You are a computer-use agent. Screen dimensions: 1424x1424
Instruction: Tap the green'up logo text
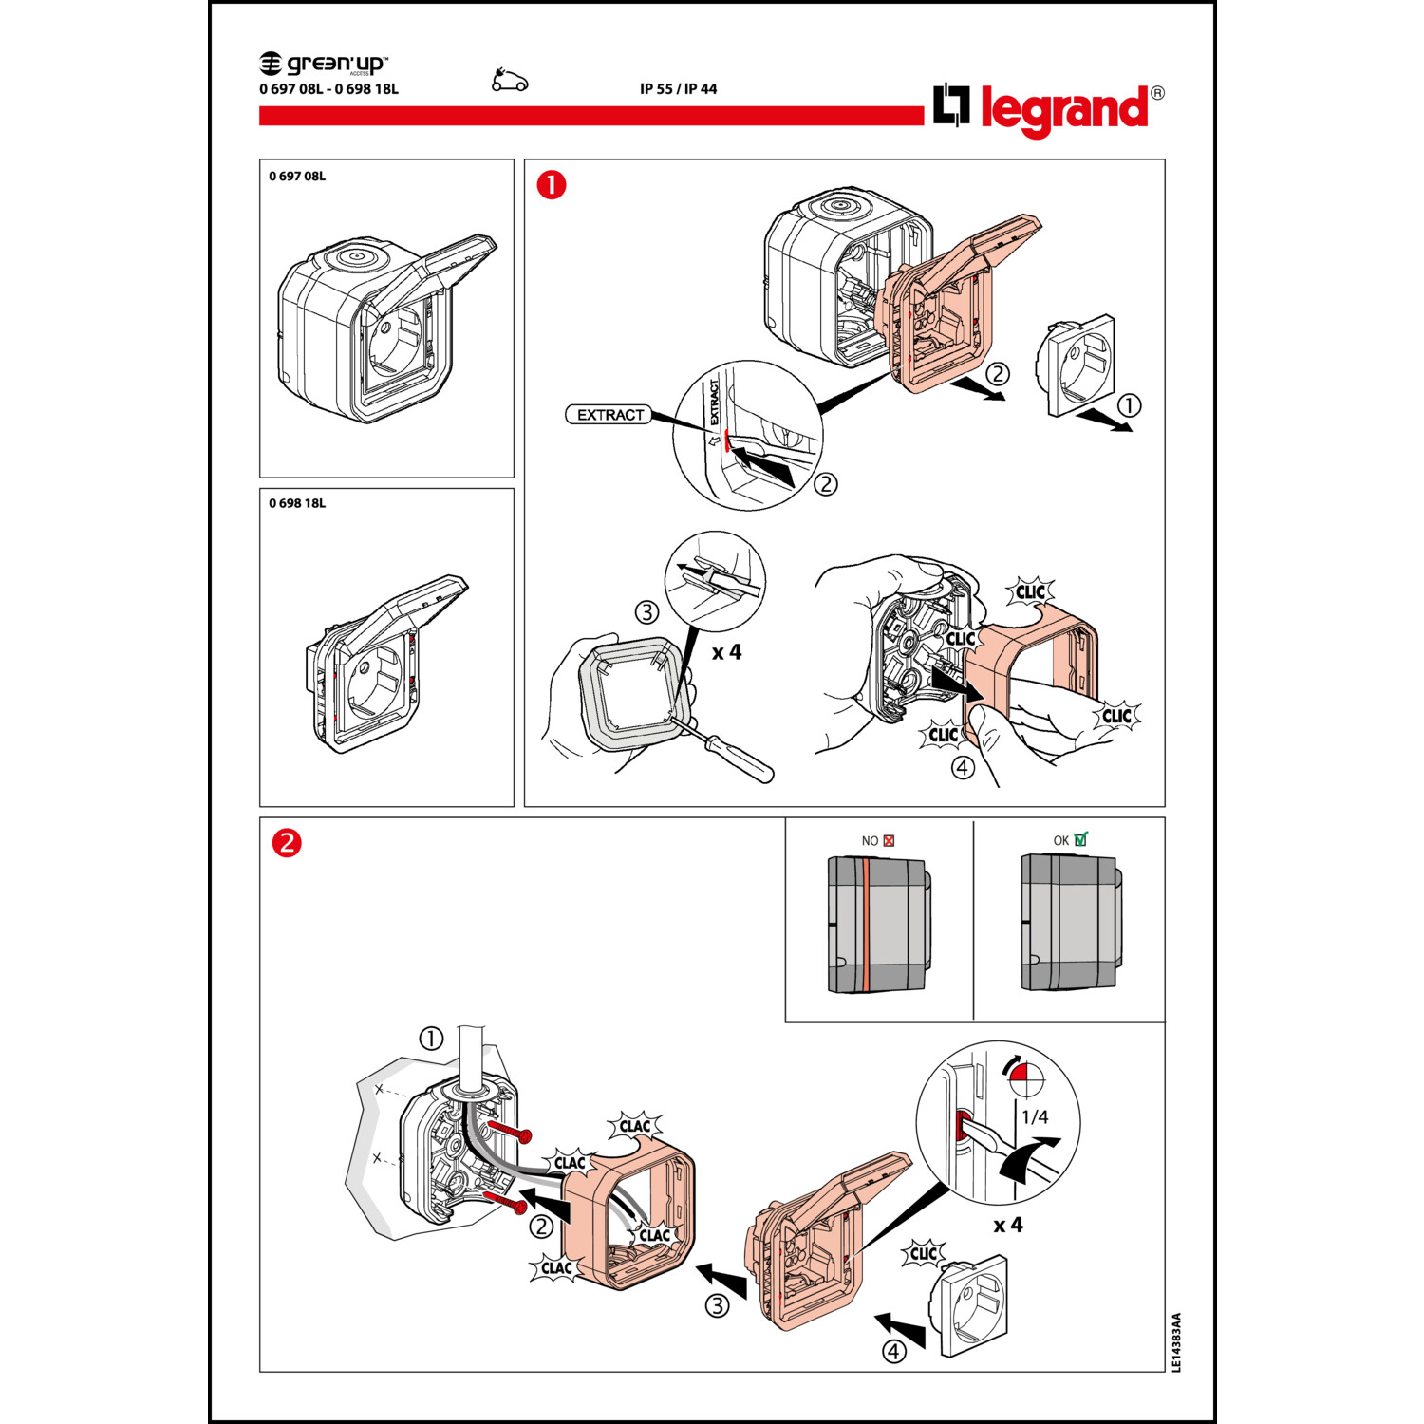325,64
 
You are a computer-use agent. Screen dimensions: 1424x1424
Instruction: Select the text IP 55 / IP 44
678,89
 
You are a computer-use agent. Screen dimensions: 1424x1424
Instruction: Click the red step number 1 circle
552,184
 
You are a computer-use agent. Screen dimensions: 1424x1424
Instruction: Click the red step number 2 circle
287,843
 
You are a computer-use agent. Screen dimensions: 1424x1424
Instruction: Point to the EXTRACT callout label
609,415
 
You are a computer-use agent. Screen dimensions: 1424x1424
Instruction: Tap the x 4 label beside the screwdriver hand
726,653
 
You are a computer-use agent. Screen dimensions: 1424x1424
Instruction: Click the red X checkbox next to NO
889,840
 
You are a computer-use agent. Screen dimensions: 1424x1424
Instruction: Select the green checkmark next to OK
1080,839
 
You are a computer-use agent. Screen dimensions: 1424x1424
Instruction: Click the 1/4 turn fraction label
1035,1117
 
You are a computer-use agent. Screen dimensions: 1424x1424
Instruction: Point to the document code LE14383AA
1176,1342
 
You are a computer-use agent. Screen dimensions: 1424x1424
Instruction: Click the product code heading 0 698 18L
297,503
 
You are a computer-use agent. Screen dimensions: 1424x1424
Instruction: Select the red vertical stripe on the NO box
866,924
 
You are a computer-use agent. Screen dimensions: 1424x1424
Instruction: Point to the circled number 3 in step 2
717,1305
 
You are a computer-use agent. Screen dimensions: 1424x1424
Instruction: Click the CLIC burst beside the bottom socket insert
923,1253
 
